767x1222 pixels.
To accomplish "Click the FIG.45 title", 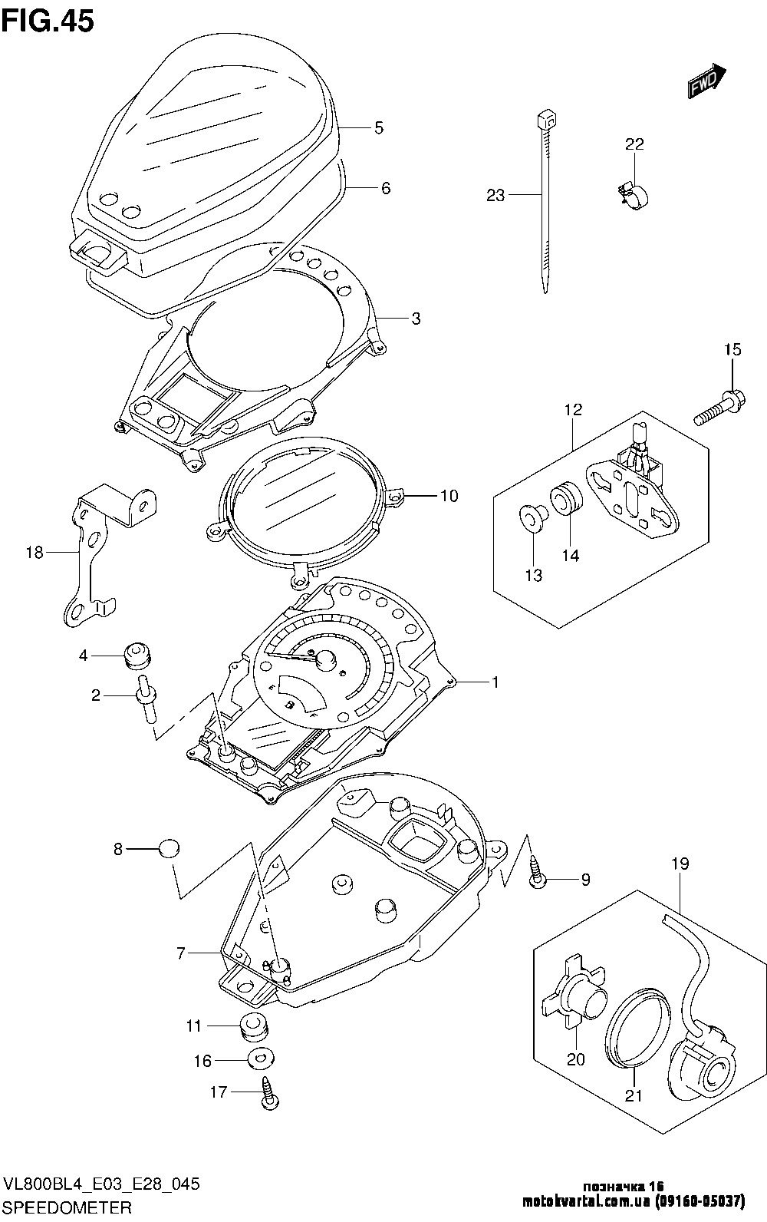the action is point(48,21).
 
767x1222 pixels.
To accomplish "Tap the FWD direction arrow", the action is point(706,81).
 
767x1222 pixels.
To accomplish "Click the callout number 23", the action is point(495,195).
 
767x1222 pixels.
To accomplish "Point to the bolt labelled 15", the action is point(719,408).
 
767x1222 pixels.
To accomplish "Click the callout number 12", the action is point(574,409).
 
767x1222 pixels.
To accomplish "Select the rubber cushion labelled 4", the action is point(137,656).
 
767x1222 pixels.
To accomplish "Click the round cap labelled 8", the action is point(169,847).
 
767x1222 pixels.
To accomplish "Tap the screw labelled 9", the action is point(537,872).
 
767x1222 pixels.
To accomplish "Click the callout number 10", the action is point(449,496).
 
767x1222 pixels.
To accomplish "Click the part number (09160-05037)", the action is point(700,1201).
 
